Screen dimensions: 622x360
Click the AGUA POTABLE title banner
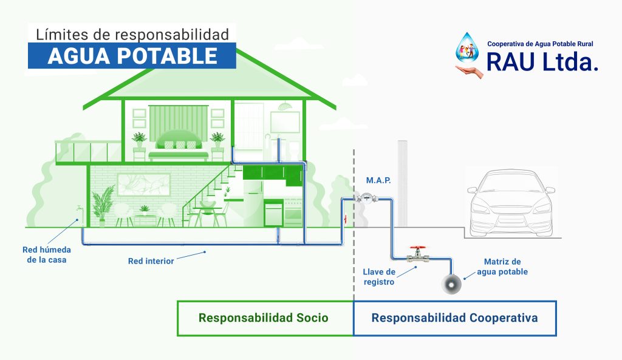click(132, 55)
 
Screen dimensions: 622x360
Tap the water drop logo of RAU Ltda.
click(467, 47)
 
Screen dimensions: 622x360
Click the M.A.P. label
click(378, 180)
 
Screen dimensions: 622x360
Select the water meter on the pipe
click(366, 198)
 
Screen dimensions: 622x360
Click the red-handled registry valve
click(418, 254)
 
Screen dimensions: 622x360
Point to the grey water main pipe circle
click(452, 284)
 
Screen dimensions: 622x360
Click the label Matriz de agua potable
click(502, 267)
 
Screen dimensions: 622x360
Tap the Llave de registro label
click(379, 277)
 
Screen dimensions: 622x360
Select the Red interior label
click(151, 261)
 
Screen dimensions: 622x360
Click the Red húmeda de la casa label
click(46, 254)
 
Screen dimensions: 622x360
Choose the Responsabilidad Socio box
click(265, 318)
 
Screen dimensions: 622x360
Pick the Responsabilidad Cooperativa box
click(454, 318)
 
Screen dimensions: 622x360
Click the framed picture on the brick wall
click(143, 185)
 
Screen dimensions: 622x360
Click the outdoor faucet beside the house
click(80, 208)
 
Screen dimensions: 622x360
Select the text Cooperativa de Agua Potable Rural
click(540, 44)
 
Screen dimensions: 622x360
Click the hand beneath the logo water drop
click(470, 72)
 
